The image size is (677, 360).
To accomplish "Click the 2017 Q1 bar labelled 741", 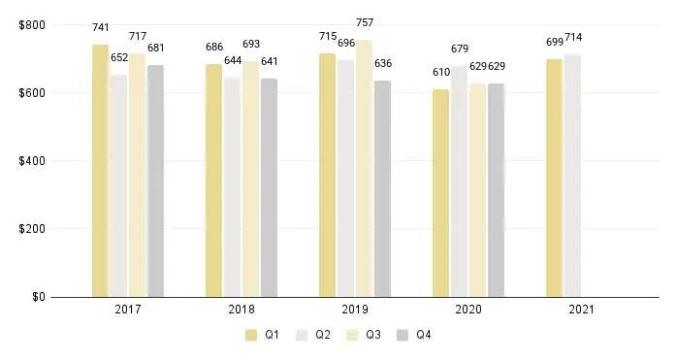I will pos(100,171).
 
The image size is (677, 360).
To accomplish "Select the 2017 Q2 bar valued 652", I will pos(118,185).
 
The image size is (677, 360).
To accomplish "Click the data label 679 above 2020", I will pos(460,49).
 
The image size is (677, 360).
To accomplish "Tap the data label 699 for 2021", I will pos(554,42).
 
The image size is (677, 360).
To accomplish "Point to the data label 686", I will pos(213,47).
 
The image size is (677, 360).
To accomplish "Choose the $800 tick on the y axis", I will pos(31,24).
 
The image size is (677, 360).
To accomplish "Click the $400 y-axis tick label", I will pos(31,160).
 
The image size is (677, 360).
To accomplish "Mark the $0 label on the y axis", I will pos(38,297).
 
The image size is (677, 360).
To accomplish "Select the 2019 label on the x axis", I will pos(355,311).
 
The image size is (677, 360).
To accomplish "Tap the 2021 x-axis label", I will pos(582,311).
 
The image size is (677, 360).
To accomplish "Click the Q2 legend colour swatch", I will pos(301,336).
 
